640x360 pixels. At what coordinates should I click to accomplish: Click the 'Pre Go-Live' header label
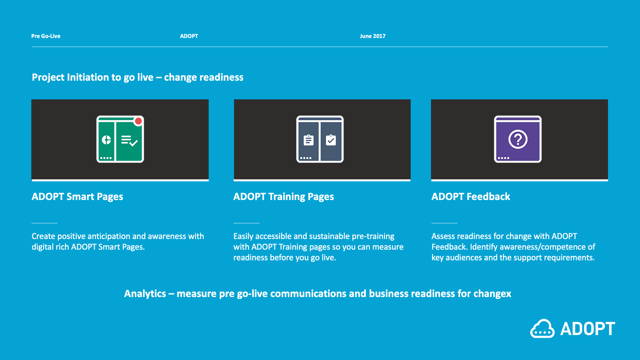click(46, 36)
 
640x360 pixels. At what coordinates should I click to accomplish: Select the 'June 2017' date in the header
click(372, 36)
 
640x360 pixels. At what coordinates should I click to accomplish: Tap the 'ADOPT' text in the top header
click(189, 36)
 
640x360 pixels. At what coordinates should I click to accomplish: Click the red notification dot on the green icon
click(138, 121)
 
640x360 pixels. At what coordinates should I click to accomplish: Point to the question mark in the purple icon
click(518, 139)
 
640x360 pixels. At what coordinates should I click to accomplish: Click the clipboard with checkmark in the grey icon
click(331, 140)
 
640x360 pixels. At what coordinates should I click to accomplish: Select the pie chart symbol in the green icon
click(106, 140)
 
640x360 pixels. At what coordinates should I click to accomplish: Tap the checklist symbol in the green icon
click(129, 141)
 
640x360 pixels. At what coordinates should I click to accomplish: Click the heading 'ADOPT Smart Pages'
click(77, 197)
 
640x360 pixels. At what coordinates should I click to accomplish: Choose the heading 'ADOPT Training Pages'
click(284, 197)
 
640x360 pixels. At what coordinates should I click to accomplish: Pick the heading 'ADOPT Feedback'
click(471, 197)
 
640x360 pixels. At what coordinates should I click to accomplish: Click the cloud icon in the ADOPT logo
click(542, 329)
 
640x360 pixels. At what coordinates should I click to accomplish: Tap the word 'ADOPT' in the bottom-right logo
click(588, 329)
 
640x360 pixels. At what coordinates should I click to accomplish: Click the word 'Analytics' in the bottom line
click(145, 294)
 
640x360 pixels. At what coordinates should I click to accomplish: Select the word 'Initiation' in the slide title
click(88, 77)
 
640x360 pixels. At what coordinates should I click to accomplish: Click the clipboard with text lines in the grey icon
click(309, 140)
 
